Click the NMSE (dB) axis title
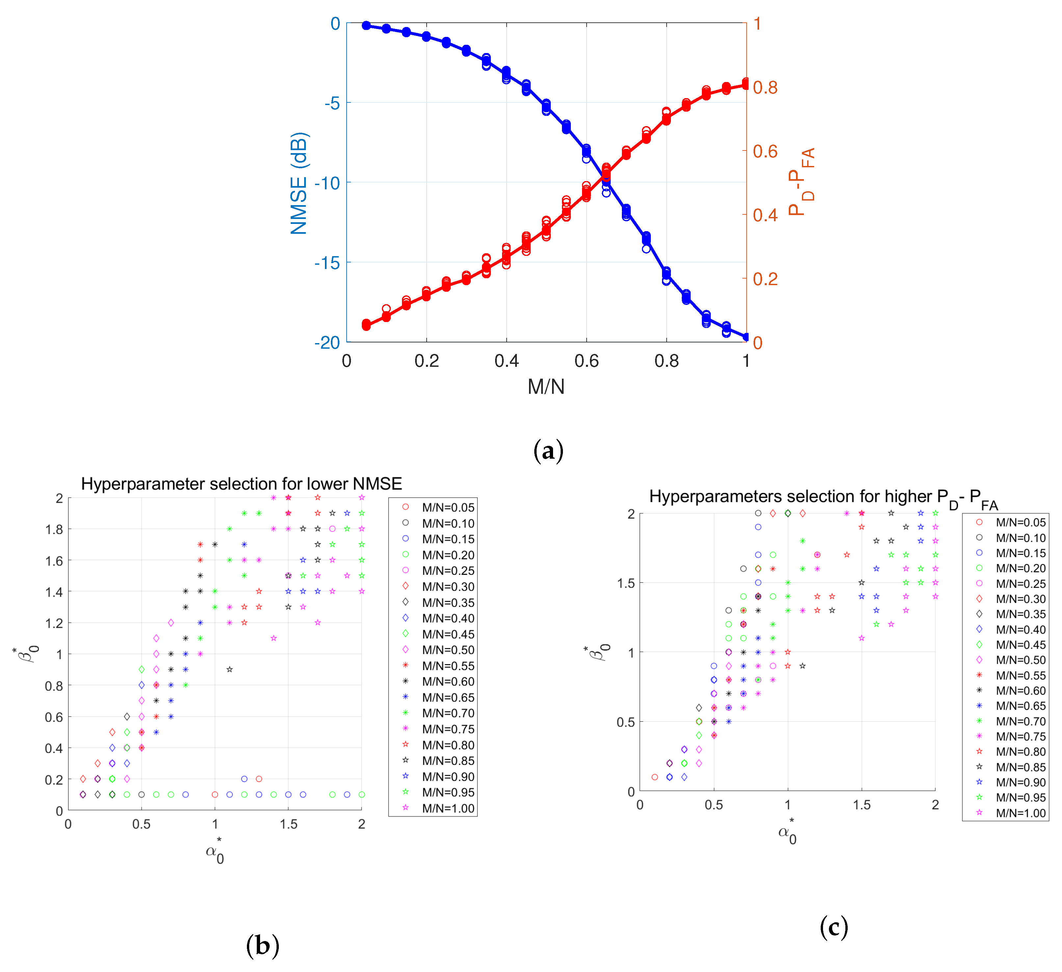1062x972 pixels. (x=299, y=183)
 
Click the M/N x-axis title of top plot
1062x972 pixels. (x=546, y=387)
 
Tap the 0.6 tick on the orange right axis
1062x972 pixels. (x=765, y=151)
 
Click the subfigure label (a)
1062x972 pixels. (x=548, y=451)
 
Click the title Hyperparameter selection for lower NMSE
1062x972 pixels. (x=241, y=484)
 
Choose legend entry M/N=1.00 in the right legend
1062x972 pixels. (x=1020, y=813)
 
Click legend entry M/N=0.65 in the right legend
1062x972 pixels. (x=1020, y=706)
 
